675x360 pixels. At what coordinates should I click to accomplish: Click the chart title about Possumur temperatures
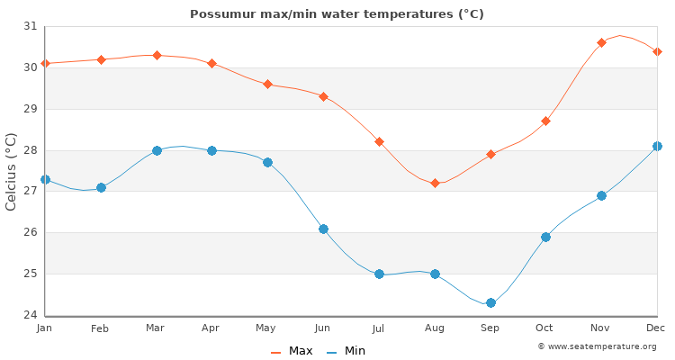pos(337,13)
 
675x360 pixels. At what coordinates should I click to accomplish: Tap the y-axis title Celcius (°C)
pos(12,171)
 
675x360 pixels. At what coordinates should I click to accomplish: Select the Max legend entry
pos(292,351)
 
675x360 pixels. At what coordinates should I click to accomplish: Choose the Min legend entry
pos(346,351)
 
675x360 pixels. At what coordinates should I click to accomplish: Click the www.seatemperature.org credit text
pos(597,346)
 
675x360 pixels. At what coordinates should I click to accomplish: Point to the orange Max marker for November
pos(601,42)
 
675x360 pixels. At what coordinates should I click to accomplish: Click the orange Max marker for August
pos(435,183)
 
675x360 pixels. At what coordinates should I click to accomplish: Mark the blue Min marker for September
pos(490,302)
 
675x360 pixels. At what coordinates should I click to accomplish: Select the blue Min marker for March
pos(157,150)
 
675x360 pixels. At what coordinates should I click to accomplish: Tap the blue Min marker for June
pos(323,229)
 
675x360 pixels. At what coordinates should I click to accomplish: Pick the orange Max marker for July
pos(379,141)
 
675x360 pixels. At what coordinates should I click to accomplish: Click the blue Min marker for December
pos(657,146)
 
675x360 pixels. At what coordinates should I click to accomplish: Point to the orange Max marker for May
pos(267,84)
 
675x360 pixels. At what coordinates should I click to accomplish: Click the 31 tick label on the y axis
pos(31,26)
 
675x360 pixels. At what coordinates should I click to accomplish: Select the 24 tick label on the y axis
pos(31,315)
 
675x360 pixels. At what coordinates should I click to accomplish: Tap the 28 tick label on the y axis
pos(31,150)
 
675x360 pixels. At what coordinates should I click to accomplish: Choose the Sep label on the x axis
pos(490,328)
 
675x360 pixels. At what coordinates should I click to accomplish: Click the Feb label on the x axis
pos(100,328)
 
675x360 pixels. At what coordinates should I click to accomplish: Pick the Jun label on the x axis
pos(322,328)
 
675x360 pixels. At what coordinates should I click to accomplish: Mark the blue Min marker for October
pos(545,237)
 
